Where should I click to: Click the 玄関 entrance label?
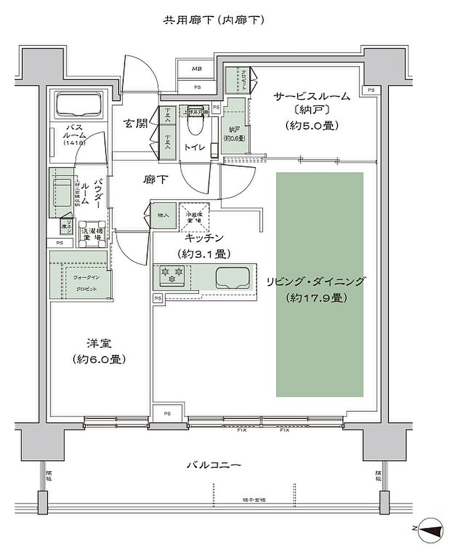[x=135, y=124]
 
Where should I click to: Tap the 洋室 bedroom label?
[x=99, y=344]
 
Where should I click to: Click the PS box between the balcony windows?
[x=166, y=413]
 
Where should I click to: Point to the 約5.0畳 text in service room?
[x=312, y=125]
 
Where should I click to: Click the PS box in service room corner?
[x=371, y=90]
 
